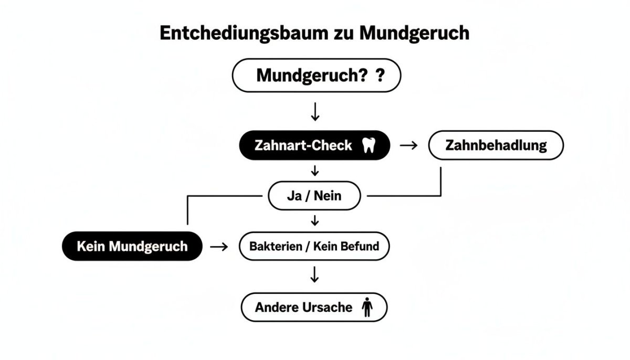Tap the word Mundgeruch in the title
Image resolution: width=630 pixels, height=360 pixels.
point(414,33)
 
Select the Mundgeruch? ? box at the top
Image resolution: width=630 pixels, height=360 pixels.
point(316,76)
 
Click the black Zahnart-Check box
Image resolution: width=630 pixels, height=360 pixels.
point(314,145)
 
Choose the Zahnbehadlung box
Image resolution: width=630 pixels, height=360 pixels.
point(496,145)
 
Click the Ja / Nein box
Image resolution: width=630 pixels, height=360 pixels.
point(314,196)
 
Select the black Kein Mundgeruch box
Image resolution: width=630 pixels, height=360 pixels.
point(132,246)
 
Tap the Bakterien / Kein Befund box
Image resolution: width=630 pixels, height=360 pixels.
point(314,246)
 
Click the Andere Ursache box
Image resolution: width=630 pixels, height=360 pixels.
point(314,308)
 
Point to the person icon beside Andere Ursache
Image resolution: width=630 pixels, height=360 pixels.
point(366,308)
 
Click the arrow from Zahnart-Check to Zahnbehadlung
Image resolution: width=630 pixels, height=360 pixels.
point(408,145)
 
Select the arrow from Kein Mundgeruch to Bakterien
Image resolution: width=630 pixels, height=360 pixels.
point(219,246)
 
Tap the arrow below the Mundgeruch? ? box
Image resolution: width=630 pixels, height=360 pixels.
point(315,111)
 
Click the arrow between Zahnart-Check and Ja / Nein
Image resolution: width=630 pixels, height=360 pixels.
point(315,171)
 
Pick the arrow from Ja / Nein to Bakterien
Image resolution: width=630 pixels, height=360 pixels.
point(315,220)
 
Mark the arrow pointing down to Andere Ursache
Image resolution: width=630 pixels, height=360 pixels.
point(314,274)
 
